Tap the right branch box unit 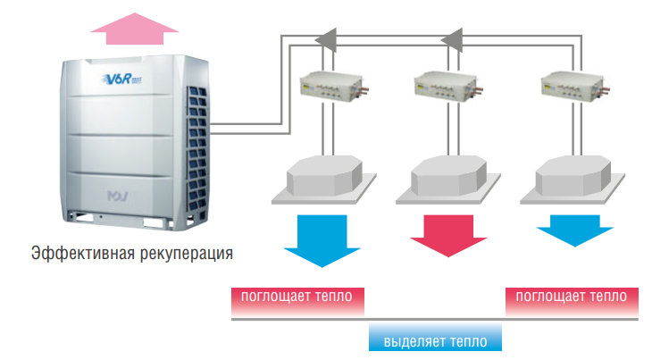coord(572,87)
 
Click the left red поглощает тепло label coord(297,296)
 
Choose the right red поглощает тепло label coord(572,296)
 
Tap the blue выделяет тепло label coord(435,340)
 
